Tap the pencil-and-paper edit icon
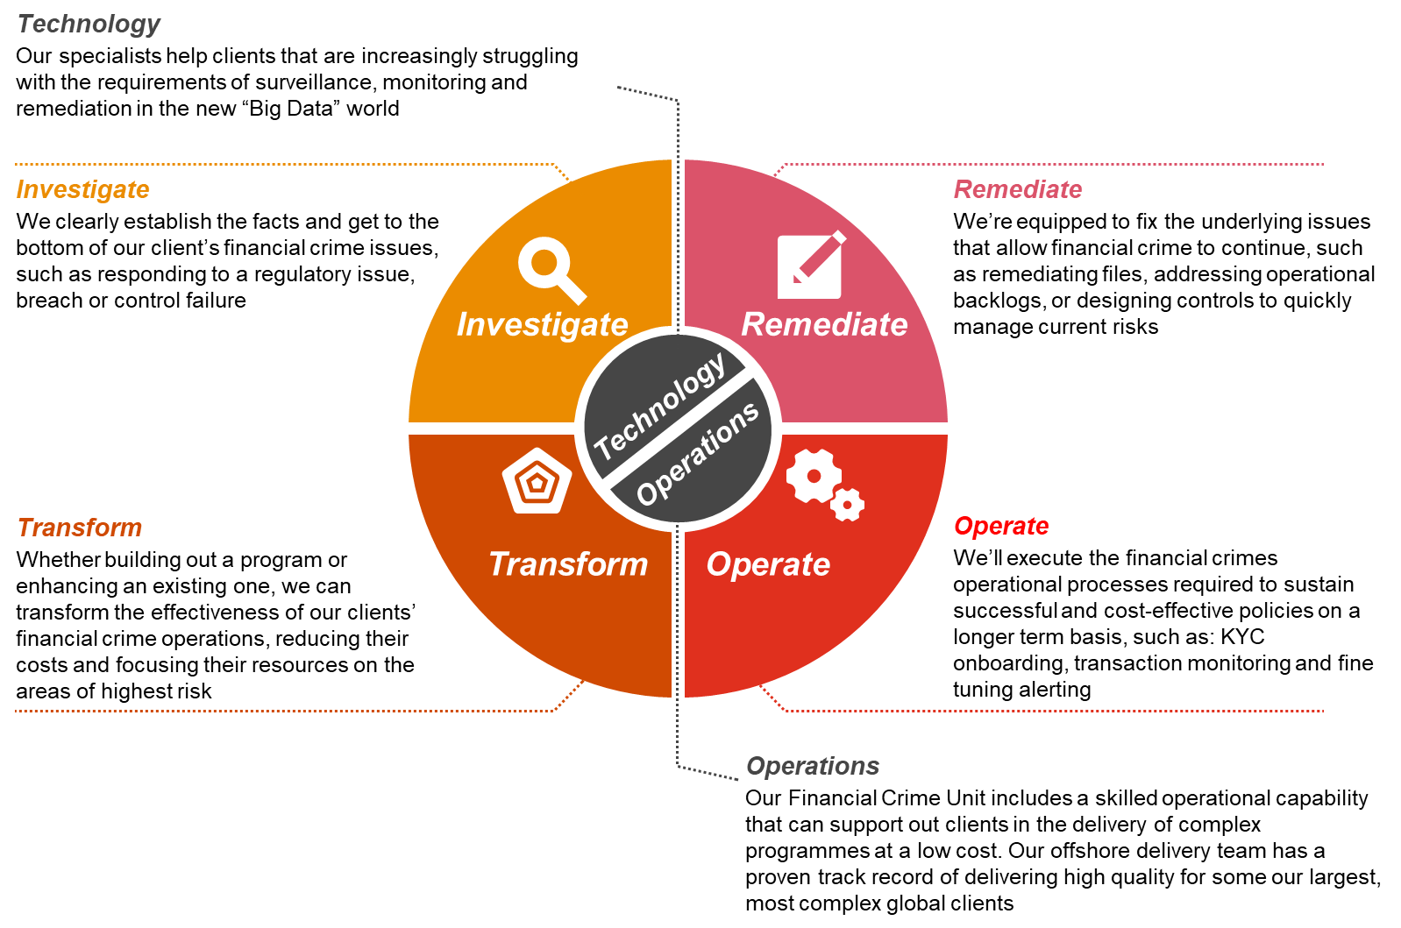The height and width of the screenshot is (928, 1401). coord(810,266)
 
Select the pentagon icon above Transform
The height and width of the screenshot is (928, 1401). coord(537,481)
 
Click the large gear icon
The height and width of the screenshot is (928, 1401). coord(813,476)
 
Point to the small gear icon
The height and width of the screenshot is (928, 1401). coord(847,505)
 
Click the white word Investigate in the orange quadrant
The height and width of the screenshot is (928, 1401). coord(542,325)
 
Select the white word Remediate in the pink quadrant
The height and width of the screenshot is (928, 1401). coord(824,325)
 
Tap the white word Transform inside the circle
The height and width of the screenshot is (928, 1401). coord(568,564)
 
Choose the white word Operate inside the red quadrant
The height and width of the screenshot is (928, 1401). coord(768,564)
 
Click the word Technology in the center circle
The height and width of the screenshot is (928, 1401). coord(659,405)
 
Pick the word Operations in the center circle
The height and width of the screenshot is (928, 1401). coord(698,454)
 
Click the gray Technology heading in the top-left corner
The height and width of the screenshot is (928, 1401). coord(89,25)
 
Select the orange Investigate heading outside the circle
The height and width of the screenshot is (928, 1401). coord(82,189)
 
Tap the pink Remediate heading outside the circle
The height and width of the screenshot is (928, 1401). coord(1018,189)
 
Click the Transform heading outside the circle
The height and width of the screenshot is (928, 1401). coord(80,528)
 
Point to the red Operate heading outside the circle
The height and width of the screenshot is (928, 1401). coord(1001,526)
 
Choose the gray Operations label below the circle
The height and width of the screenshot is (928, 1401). coord(813,766)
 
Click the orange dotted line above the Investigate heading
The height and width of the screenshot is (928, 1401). coord(281,164)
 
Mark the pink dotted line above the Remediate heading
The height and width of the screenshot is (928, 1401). coord(1052,164)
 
